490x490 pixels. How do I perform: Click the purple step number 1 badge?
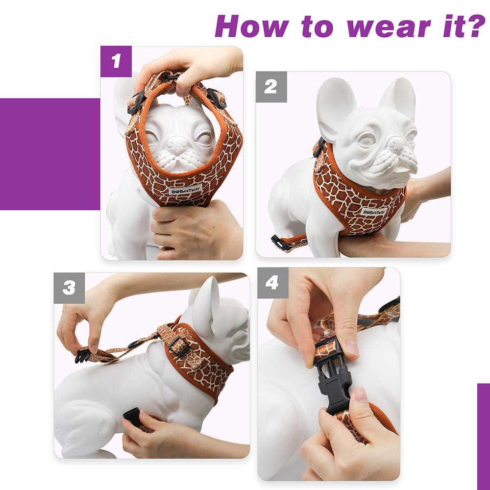click(116, 61)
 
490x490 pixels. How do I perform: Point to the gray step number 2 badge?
click(271, 87)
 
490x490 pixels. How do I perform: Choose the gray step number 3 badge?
click(69, 288)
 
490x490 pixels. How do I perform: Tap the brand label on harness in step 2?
click(374, 211)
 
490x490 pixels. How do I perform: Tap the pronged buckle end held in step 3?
click(82, 355)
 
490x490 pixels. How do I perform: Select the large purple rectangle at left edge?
click(49, 154)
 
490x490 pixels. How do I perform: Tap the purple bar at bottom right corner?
click(483, 436)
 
